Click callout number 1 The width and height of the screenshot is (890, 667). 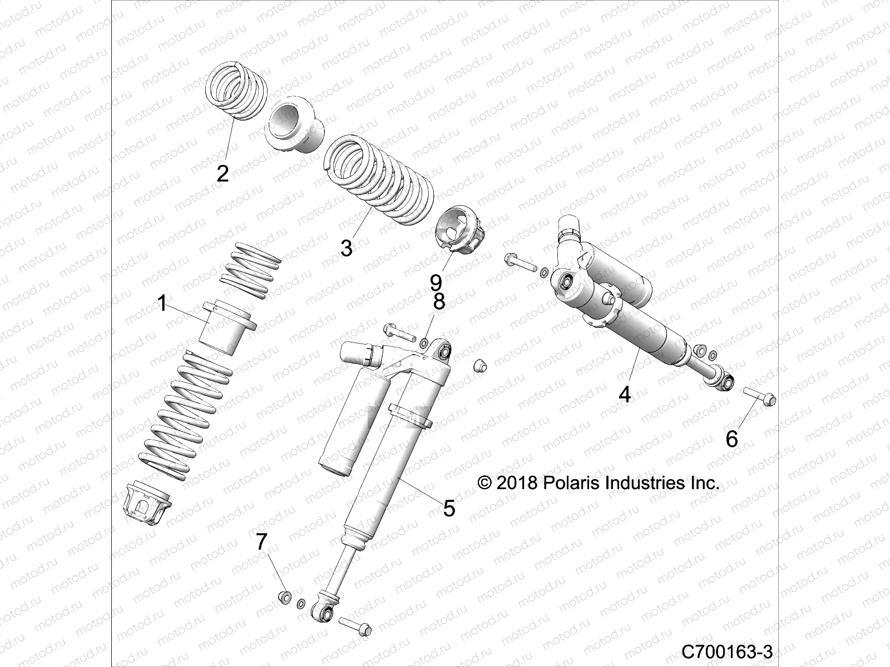tap(162, 304)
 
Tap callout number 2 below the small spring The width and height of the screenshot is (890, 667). tap(222, 174)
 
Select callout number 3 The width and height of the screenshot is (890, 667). tap(347, 248)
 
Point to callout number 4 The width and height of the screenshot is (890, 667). tap(625, 395)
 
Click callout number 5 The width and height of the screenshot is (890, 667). tap(449, 507)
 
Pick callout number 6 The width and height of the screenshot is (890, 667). tap(732, 439)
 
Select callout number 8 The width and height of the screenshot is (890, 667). tap(439, 302)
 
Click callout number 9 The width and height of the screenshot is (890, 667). tap(436, 282)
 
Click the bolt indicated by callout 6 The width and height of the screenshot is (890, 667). tap(759, 395)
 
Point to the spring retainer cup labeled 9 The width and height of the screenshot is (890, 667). tap(462, 230)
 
